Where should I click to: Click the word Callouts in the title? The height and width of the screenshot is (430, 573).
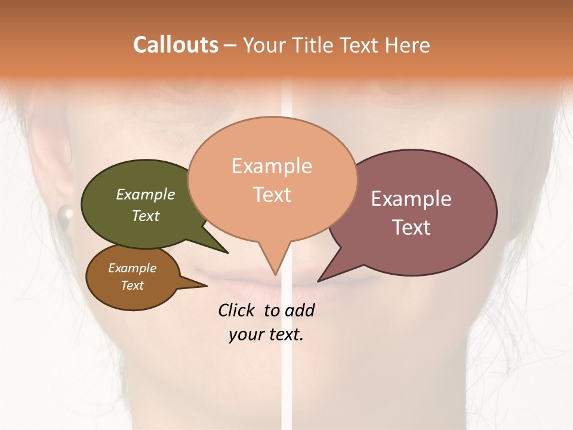(175, 45)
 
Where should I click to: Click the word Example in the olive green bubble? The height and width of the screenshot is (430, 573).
(146, 194)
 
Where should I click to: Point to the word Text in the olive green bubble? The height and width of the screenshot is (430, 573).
(146, 216)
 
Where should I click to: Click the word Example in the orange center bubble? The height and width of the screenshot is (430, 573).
(272, 166)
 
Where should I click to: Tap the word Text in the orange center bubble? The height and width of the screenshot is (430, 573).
(272, 195)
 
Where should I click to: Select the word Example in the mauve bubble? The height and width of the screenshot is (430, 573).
(411, 199)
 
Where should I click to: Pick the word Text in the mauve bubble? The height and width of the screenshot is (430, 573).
(411, 228)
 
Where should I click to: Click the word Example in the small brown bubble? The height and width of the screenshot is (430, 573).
(132, 268)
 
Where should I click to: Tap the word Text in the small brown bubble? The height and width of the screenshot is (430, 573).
(132, 285)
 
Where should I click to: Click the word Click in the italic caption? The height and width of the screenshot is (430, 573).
(237, 310)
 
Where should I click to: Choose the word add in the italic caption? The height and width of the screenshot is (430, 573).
(300, 311)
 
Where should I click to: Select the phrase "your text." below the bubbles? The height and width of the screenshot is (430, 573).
(266, 334)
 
